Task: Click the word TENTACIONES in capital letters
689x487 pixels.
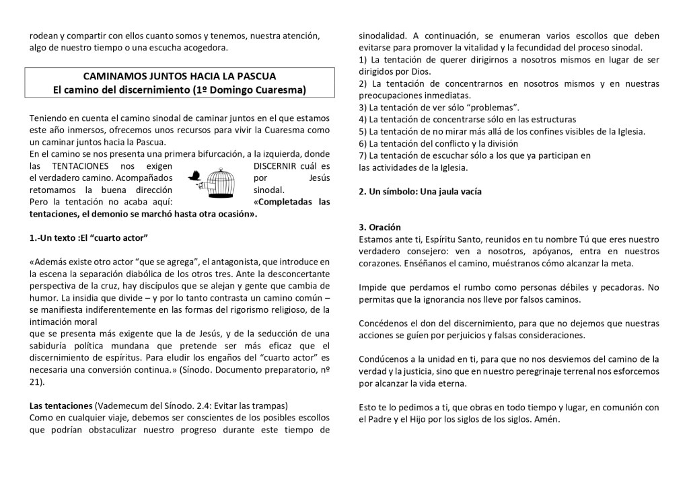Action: coord(81,166)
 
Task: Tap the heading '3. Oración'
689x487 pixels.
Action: coord(380,227)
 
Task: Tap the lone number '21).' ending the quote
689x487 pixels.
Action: coord(37,381)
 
